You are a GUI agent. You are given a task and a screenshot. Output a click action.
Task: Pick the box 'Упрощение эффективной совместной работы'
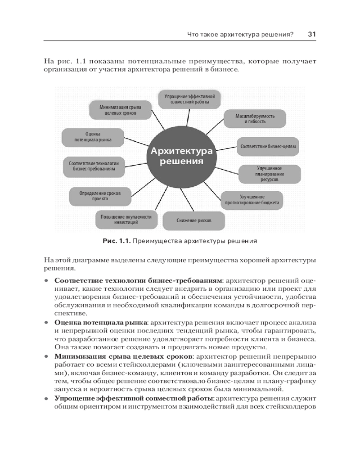pos(189,99)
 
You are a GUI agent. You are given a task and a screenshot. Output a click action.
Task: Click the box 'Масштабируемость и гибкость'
pos(255,118)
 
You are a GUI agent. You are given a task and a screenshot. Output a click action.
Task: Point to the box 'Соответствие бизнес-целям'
pos(269,146)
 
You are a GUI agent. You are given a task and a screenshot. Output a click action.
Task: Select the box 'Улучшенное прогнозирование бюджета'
pos(252,200)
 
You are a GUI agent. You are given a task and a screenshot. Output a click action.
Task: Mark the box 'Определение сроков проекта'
pos(100,195)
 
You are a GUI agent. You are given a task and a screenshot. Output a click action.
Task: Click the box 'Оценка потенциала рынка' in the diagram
pos(93,137)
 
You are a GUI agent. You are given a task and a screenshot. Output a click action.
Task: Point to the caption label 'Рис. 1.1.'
pos(117,241)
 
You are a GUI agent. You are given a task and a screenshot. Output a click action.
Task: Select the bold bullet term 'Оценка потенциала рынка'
pos(101,323)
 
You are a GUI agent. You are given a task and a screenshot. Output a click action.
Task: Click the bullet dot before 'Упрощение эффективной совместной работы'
pos(46,399)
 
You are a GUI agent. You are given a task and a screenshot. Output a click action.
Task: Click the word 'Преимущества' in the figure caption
pos(156,241)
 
